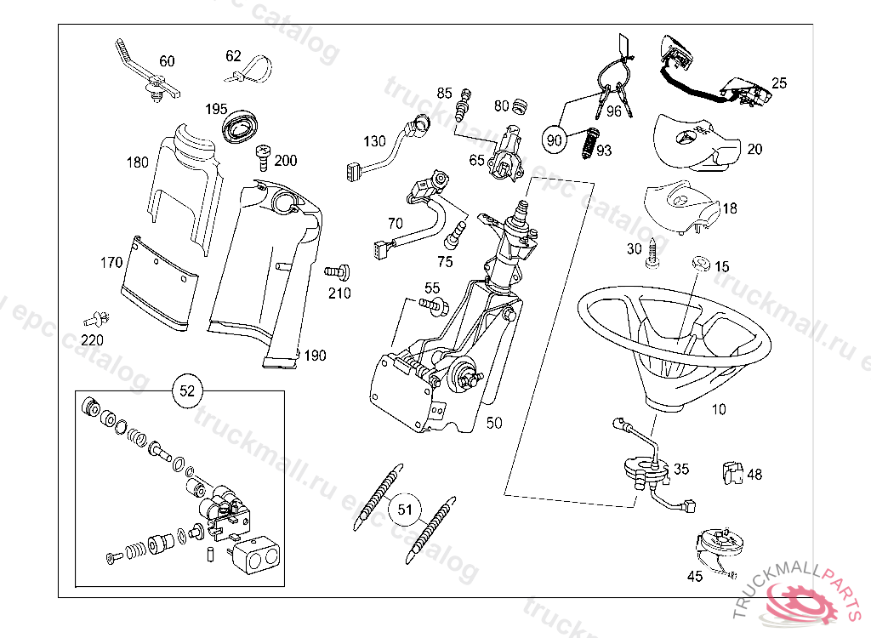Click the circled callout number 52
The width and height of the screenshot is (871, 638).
coord(187,390)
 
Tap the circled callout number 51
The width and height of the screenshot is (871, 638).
coord(406,510)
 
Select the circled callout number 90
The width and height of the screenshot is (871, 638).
coord(555,140)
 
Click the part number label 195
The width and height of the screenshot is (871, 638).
coord(216,110)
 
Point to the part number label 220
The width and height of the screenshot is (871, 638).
coord(92,340)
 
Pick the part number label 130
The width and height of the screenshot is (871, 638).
coord(374,141)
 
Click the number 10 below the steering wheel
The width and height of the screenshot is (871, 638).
coord(719,409)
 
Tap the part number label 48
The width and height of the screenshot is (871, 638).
coord(754,475)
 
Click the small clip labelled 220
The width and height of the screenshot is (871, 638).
coord(94,321)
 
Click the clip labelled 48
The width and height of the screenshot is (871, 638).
coord(730,473)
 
